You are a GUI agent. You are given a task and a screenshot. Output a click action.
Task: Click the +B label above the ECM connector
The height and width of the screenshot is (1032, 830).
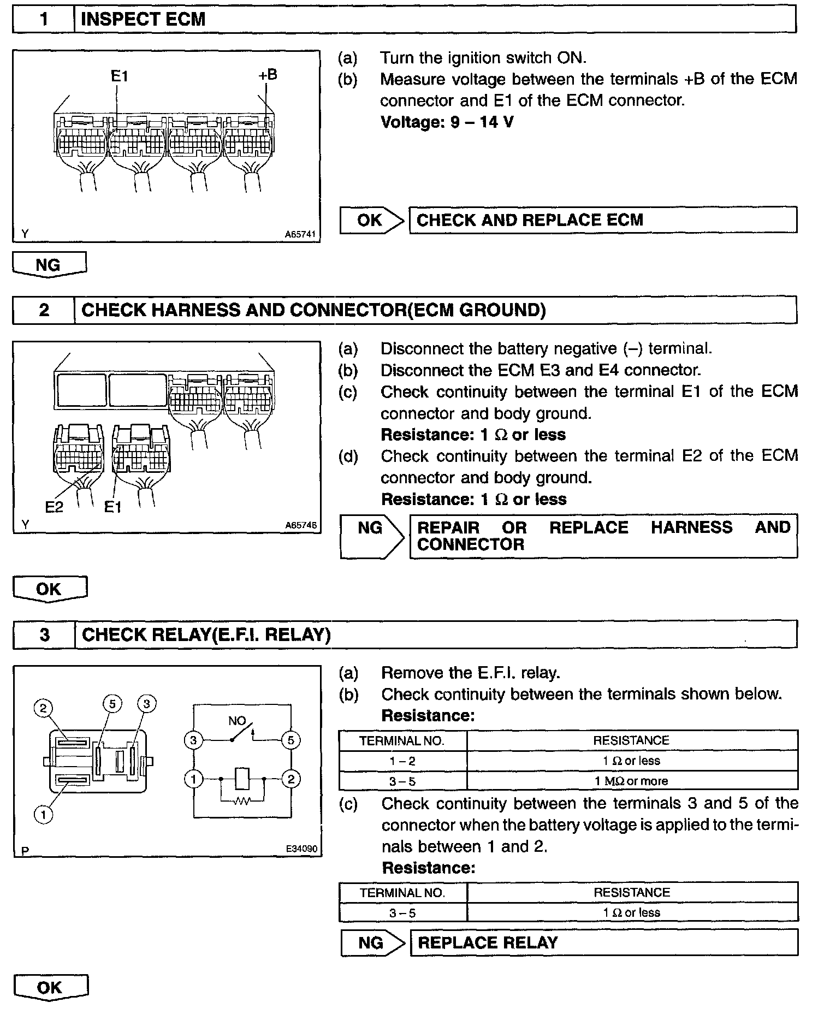[x=268, y=75]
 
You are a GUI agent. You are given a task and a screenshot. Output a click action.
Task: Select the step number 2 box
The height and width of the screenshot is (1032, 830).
[x=44, y=310]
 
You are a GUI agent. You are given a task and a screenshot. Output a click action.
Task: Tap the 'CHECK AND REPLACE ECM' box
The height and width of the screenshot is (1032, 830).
[x=602, y=220]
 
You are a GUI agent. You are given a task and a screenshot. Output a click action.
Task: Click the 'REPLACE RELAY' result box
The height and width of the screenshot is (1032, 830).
[x=603, y=942]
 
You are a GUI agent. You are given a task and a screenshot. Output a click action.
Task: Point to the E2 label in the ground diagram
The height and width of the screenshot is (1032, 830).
[x=54, y=507]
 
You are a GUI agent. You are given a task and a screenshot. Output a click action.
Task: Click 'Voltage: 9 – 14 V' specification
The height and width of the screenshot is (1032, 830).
[x=447, y=122]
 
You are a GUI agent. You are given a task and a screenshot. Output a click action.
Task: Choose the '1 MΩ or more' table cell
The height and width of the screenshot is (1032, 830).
[x=631, y=781]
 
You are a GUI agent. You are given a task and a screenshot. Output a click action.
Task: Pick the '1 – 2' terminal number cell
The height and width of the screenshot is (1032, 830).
[x=402, y=761]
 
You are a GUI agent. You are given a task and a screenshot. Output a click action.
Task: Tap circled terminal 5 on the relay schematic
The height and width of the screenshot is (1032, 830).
[x=290, y=740]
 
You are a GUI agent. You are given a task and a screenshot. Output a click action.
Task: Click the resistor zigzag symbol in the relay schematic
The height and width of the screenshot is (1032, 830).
[x=242, y=801]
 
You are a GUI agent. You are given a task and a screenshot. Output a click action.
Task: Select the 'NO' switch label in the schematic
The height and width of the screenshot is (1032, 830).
[x=237, y=721]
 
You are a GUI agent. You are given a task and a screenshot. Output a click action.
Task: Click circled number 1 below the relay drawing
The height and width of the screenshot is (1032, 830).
[x=43, y=815]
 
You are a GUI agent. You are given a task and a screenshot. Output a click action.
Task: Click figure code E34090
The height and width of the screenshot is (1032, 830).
[x=301, y=849]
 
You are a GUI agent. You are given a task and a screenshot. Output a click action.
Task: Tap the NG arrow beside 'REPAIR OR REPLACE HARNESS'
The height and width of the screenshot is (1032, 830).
[x=371, y=536]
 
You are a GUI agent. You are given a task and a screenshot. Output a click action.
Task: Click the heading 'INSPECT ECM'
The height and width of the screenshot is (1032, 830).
[x=143, y=19]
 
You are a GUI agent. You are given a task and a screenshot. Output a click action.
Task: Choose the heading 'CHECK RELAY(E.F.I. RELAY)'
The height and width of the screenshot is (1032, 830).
[x=206, y=634]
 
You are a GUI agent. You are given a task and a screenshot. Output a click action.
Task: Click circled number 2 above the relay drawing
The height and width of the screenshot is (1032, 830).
[x=43, y=709]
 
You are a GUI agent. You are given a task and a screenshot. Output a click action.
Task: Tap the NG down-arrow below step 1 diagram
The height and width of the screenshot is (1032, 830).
[x=49, y=265]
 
